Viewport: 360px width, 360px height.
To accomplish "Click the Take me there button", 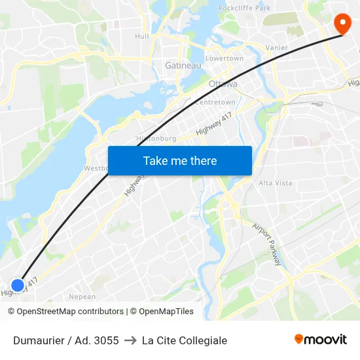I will click(x=179, y=161).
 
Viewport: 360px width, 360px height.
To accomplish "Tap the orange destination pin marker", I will click(x=342, y=24).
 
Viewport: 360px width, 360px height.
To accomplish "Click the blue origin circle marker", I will click(x=18, y=285).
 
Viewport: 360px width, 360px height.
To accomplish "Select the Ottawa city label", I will click(x=223, y=84).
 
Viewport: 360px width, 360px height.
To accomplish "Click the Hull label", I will click(x=141, y=37).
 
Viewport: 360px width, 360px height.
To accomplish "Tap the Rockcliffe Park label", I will click(x=244, y=8).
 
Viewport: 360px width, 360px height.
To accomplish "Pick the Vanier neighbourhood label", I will click(x=276, y=48).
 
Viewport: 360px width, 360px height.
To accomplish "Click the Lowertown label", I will click(x=225, y=58).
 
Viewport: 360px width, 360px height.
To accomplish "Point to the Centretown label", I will click(x=215, y=103).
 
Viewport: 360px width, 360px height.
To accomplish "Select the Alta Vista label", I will click(x=276, y=183).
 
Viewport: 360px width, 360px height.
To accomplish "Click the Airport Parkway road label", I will click(x=268, y=244).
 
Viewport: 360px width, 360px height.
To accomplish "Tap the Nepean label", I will click(x=82, y=297).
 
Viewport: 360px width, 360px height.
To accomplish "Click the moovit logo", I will click(x=320, y=340).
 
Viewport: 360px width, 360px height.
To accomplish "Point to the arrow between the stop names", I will click(x=130, y=340).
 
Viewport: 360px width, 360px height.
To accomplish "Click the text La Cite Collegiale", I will click(x=185, y=340).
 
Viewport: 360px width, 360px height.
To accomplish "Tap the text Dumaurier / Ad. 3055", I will click(x=66, y=340).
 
